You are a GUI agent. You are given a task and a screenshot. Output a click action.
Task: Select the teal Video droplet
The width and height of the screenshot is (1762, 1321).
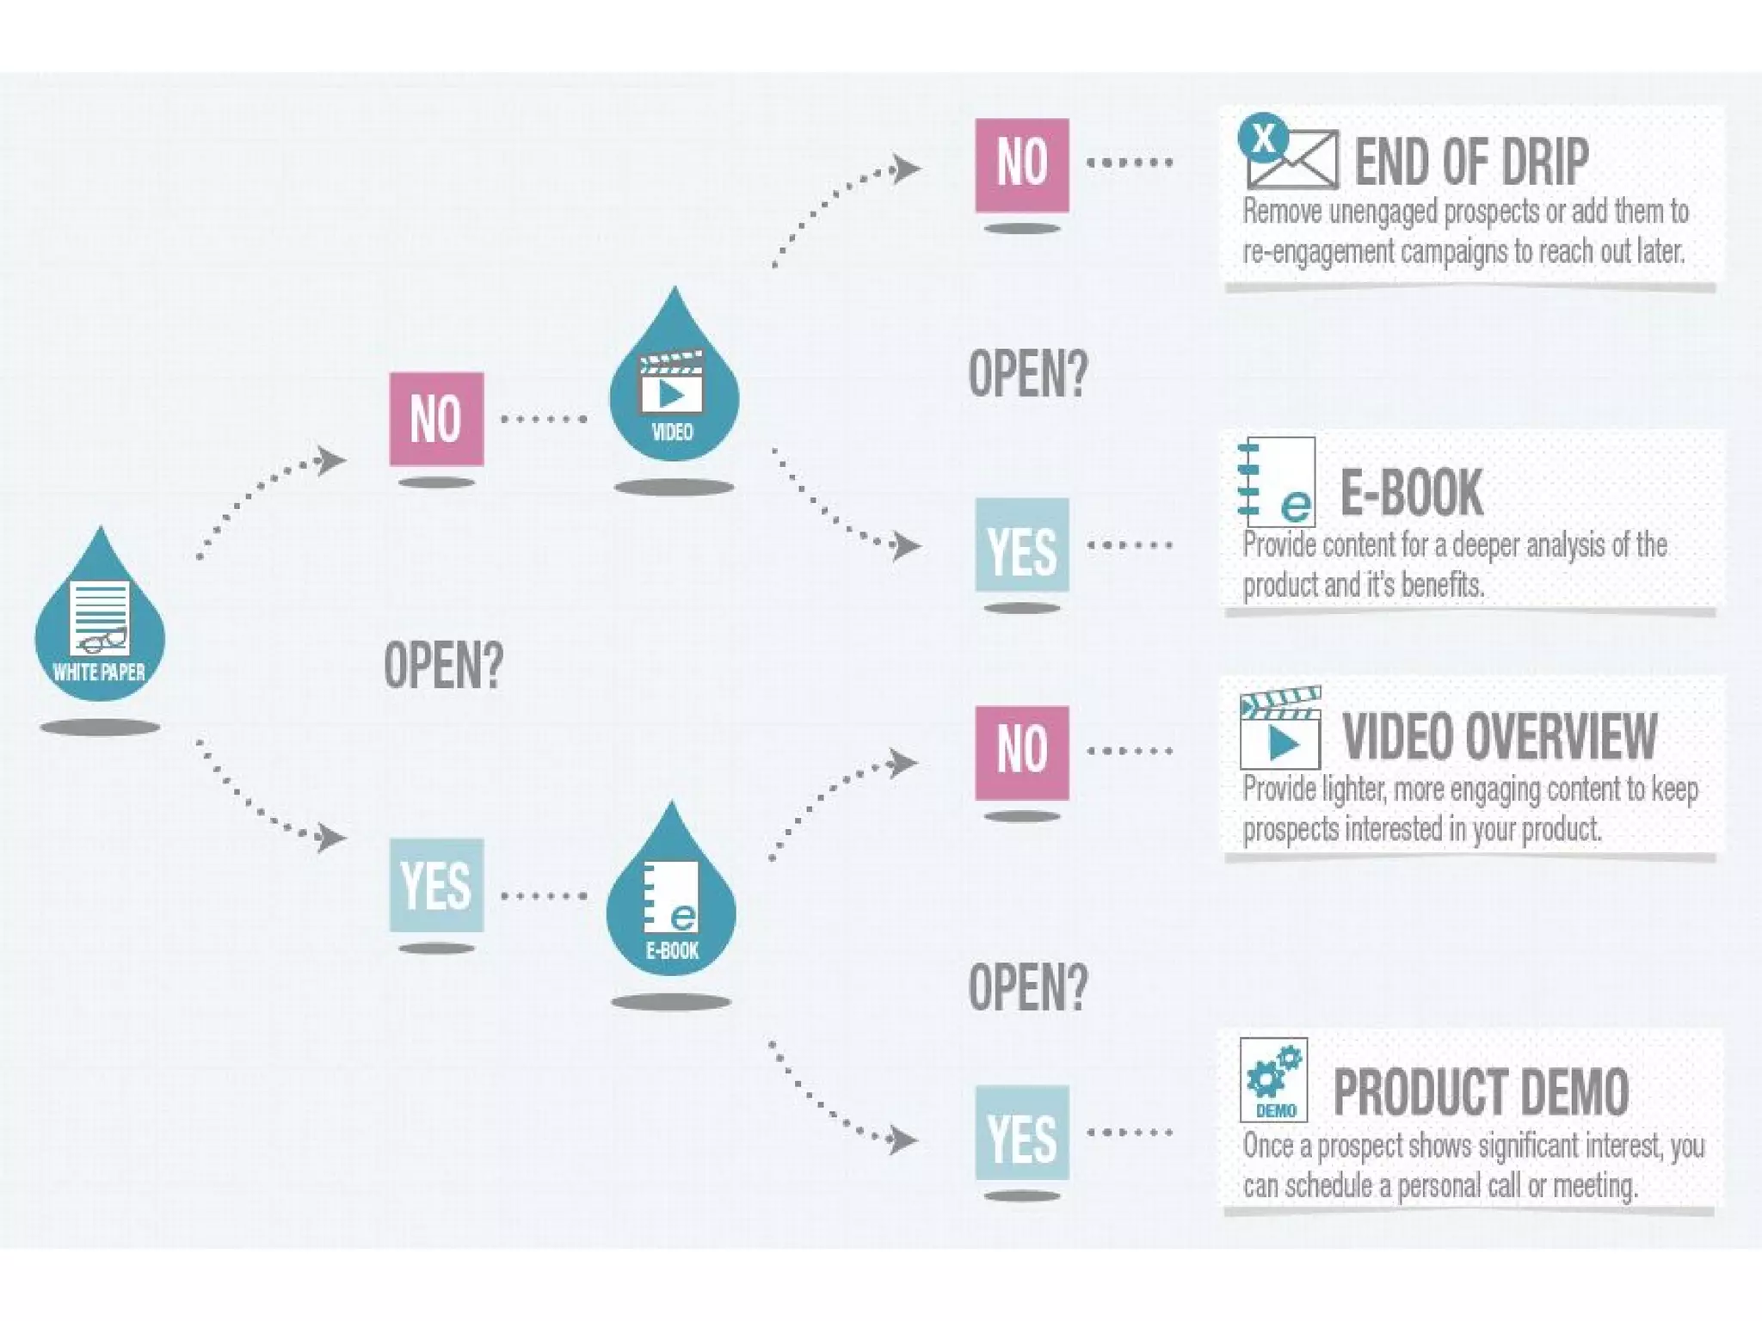674,387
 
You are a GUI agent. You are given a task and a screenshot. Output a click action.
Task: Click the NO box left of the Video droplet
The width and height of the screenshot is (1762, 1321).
436,419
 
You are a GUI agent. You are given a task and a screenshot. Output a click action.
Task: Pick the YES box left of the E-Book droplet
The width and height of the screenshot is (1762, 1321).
436,885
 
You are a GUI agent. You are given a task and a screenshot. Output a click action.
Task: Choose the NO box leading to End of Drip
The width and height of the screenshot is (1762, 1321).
1022,164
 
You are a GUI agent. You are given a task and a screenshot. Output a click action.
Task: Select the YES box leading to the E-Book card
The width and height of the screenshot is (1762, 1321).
1022,544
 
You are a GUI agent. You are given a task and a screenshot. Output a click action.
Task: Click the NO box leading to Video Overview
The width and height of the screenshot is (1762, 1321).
1022,753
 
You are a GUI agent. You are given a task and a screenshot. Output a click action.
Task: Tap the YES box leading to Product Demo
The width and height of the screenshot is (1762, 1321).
1022,1132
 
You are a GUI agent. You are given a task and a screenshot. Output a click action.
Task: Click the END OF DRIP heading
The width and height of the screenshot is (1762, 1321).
1471,162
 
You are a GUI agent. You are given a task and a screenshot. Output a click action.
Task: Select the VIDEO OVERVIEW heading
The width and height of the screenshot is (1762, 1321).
1500,736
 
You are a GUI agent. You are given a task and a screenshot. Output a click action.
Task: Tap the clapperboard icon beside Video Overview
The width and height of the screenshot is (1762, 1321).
1279,728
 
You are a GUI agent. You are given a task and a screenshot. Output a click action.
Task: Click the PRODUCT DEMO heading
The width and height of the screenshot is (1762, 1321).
1481,1091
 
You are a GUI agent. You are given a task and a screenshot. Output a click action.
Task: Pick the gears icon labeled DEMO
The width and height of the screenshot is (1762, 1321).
1273,1079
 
